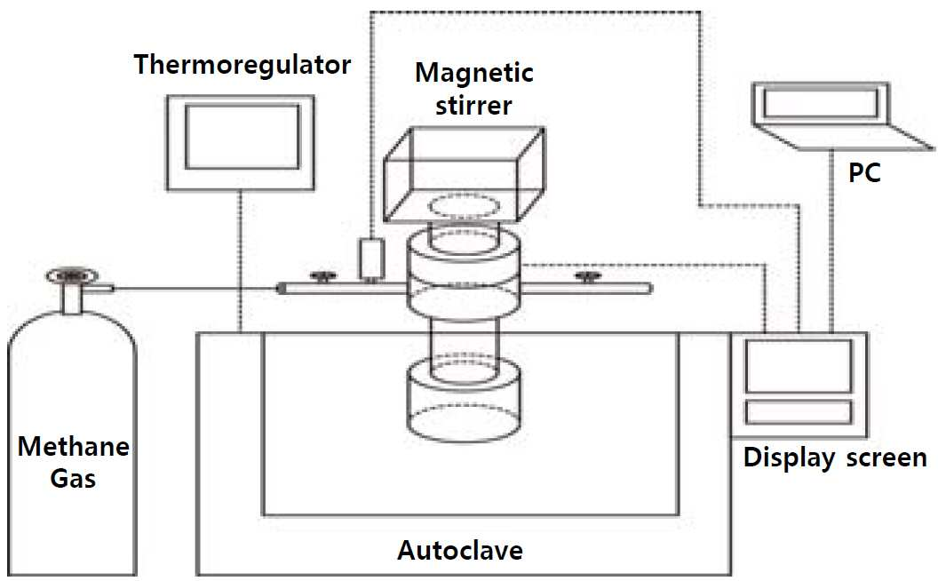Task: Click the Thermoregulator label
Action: pyautogui.click(x=242, y=65)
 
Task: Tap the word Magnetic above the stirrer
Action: pyautogui.click(x=473, y=74)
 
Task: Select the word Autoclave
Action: pyautogui.click(x=460, y=550)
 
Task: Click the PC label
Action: pyautogui.click(x=864, y=173)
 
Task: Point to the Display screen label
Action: pyautogui.click(x=835, y=458)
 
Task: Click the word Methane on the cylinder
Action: pyautogui.click(x=74, y=447)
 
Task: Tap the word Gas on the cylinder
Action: pyautogui.click(x=73, y=479)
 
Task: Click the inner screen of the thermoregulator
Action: pyautogui.click(x=242, y=137)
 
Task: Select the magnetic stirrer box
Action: pyautogui.click(x=464, y=175)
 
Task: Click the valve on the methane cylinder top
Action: pyautogui.click(x=72, y=275)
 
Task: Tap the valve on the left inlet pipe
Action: pyautogui.click(x=323, y=276)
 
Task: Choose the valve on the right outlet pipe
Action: pyautogui.click(x=588, y=276)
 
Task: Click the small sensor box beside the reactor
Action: pyautogui.click(x=371, y=259)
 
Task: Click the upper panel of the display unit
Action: pyautogui.click(x=799, y=366)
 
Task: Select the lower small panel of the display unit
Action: pyautogui.click(x=799, y=412)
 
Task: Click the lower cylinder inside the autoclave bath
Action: pyautogui.click(x=464, y=400)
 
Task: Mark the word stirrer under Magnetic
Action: pyautogui.click(x=473, y=106)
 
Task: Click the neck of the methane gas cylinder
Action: pyautogui.click(x=72, y=298)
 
